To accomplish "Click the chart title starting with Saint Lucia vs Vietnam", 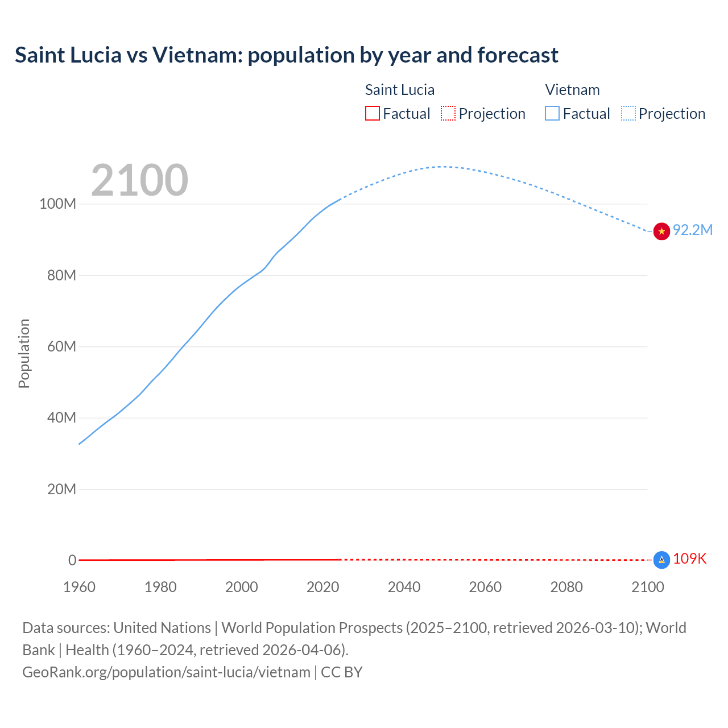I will point(287,55).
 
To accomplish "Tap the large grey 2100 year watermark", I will point(139,180).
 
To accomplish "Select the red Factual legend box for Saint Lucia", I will point(372,113).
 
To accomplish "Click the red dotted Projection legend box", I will point(448,113).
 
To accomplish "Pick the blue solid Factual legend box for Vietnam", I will point(552,113).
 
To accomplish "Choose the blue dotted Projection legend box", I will point(628,113).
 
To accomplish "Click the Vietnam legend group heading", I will point(572,90).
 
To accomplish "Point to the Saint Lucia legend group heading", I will point(399,90).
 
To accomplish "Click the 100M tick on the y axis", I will point(57,204).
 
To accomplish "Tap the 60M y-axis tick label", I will point(61,346).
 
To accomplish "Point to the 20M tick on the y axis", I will point(61,489).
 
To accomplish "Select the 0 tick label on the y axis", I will point(72,560).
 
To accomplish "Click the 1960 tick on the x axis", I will point(79,587).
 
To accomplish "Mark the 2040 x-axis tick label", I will point(404,587).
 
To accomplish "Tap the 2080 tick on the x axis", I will point(566,587).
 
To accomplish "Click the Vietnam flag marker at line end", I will point(661,231).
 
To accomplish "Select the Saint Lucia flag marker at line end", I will point(661,560).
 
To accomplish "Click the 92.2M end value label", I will point(692,230).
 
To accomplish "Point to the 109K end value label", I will point(689,559).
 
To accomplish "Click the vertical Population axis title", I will point(24,353).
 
